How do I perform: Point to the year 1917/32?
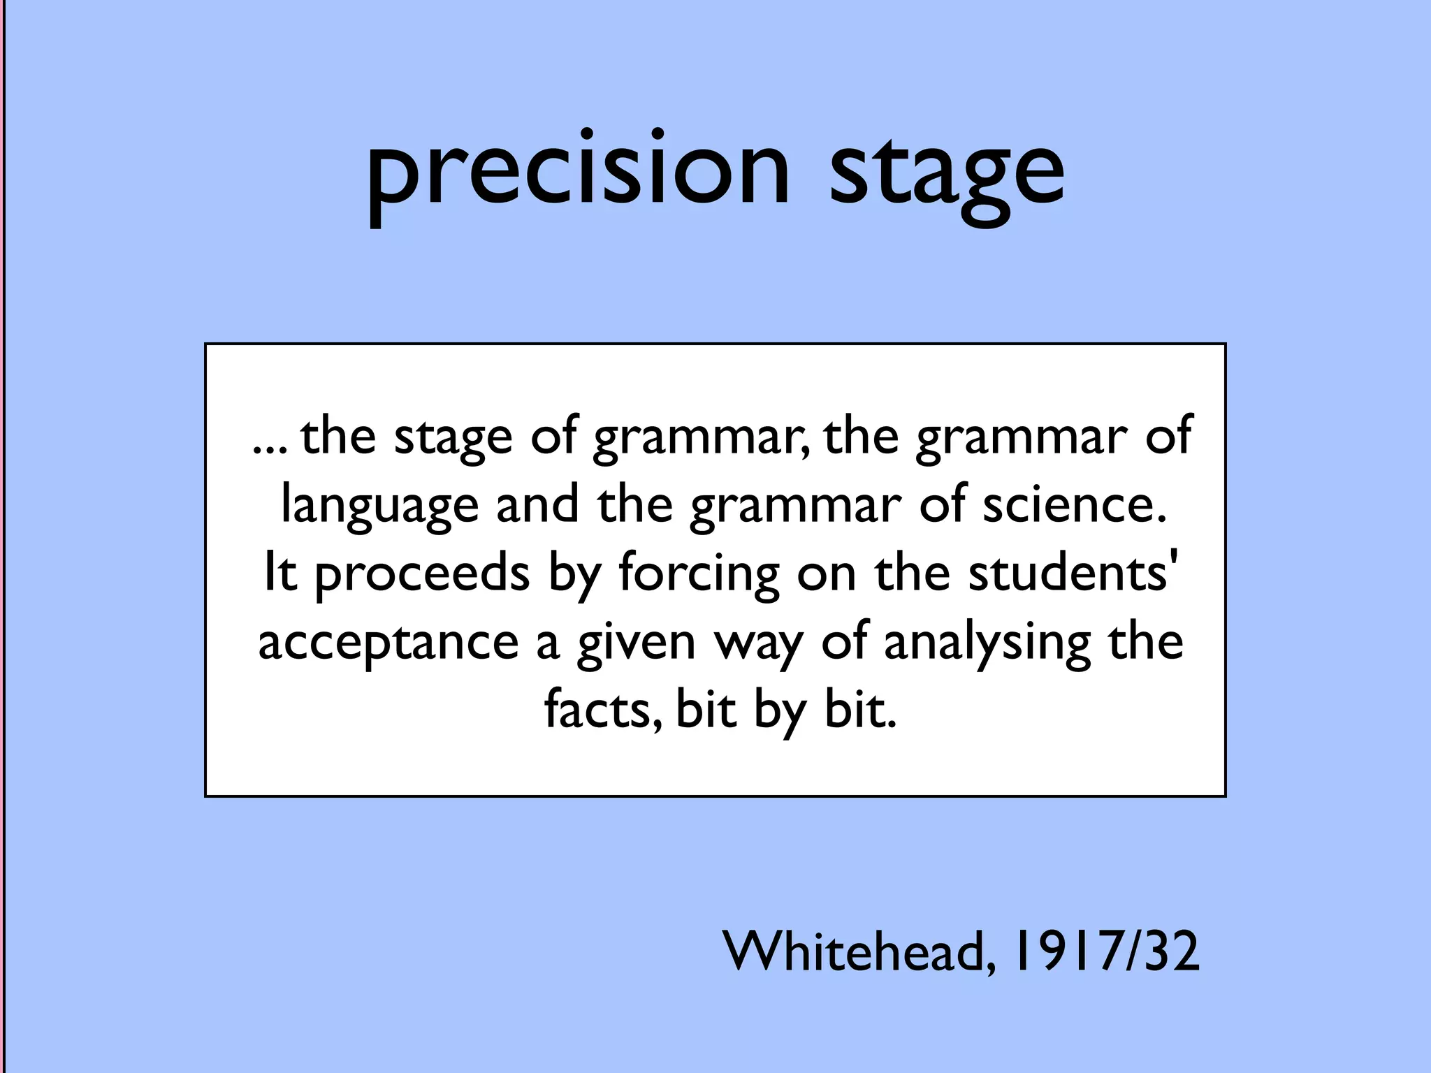(x=1106, y=951)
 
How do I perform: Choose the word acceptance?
(x=388, y=642)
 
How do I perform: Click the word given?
(x=636, y=642)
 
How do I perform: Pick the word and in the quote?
(x=537, y=504)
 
